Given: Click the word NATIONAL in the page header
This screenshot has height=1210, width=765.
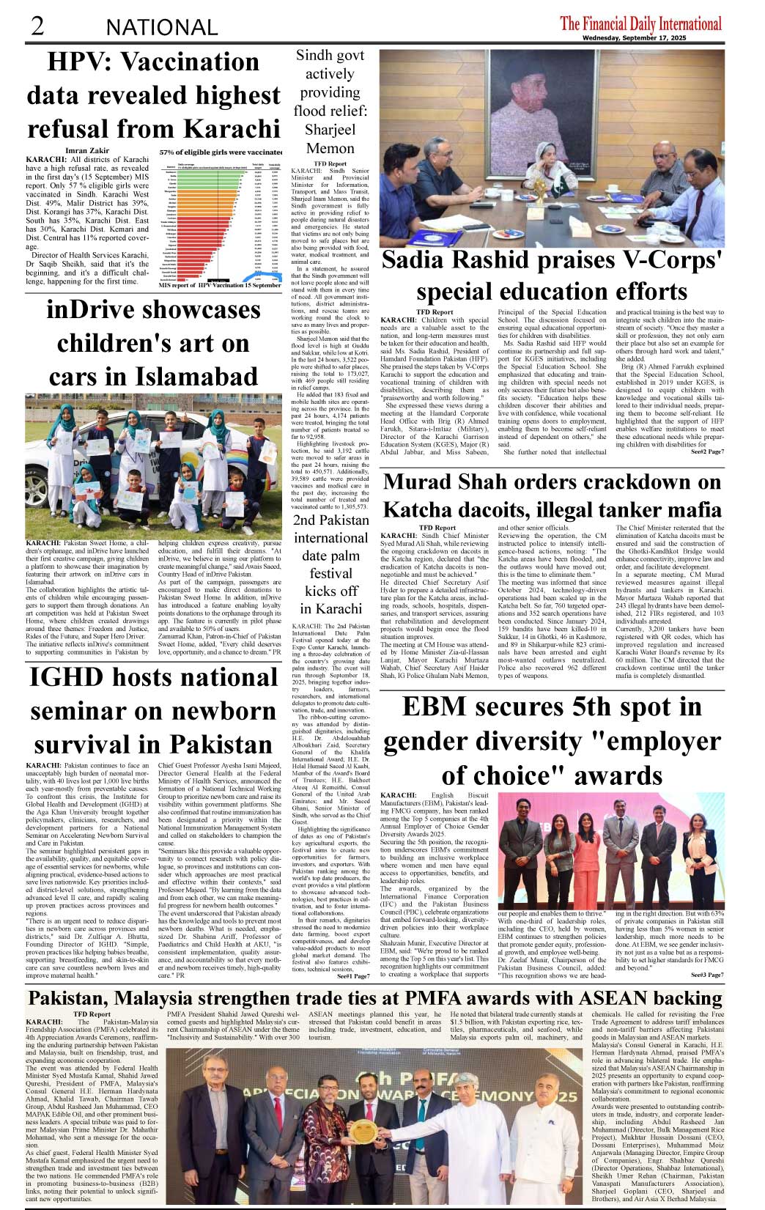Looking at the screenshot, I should (x=162, y=28).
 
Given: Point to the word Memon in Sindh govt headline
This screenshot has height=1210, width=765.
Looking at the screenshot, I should (x=330, y=148).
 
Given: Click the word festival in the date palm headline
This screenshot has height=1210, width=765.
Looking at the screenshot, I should (x=330, y=573).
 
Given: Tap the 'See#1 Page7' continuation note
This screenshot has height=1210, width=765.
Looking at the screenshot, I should (x=352, y=975).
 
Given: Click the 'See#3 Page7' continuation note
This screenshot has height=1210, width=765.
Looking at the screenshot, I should (x=707, y=975).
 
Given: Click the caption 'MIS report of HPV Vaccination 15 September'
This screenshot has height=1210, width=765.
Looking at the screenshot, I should (x=220, y=285).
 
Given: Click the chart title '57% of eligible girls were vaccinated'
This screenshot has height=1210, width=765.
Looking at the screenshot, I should (x=221, y=152).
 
